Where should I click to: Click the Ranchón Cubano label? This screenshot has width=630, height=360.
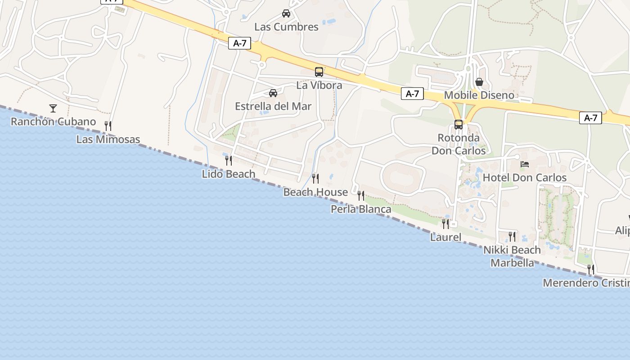[x=53, y=121]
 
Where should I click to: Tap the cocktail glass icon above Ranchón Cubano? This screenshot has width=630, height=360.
[x=53, y=108]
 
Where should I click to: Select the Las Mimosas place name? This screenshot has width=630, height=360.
[x=108, y=139]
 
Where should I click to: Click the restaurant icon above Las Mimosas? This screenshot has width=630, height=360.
[x=108, y=126]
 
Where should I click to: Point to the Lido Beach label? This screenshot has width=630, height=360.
[x=229, y=174]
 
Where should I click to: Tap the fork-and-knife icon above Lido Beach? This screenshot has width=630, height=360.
[x=229, y=160]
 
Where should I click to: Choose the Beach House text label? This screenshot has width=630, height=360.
[x=315, y=192]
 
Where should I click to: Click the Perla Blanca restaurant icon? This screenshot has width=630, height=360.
[x=361, y=195]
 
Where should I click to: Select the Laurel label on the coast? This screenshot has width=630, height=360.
[x=445, y=237]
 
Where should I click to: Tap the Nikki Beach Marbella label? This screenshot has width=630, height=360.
[x=512, y=256]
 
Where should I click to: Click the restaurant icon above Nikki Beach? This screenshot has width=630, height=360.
[x=512, y=236]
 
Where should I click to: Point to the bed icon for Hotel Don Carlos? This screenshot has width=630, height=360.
[x=525, y=164]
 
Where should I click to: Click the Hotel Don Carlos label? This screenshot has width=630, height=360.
[x=525, y=178]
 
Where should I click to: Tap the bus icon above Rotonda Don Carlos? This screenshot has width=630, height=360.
[x=459, y=125]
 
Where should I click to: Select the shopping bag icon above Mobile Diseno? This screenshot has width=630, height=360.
[x=479, y=82]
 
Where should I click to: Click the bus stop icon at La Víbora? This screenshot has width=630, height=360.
[x=319, y=72]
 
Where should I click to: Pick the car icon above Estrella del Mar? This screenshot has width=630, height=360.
[x=273, y=93]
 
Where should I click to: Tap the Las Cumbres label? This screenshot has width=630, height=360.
[x=286, y=27]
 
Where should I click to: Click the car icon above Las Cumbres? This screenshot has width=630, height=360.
[x=286, y=13]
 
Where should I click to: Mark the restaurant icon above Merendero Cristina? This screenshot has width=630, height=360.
[x=591, y=269]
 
